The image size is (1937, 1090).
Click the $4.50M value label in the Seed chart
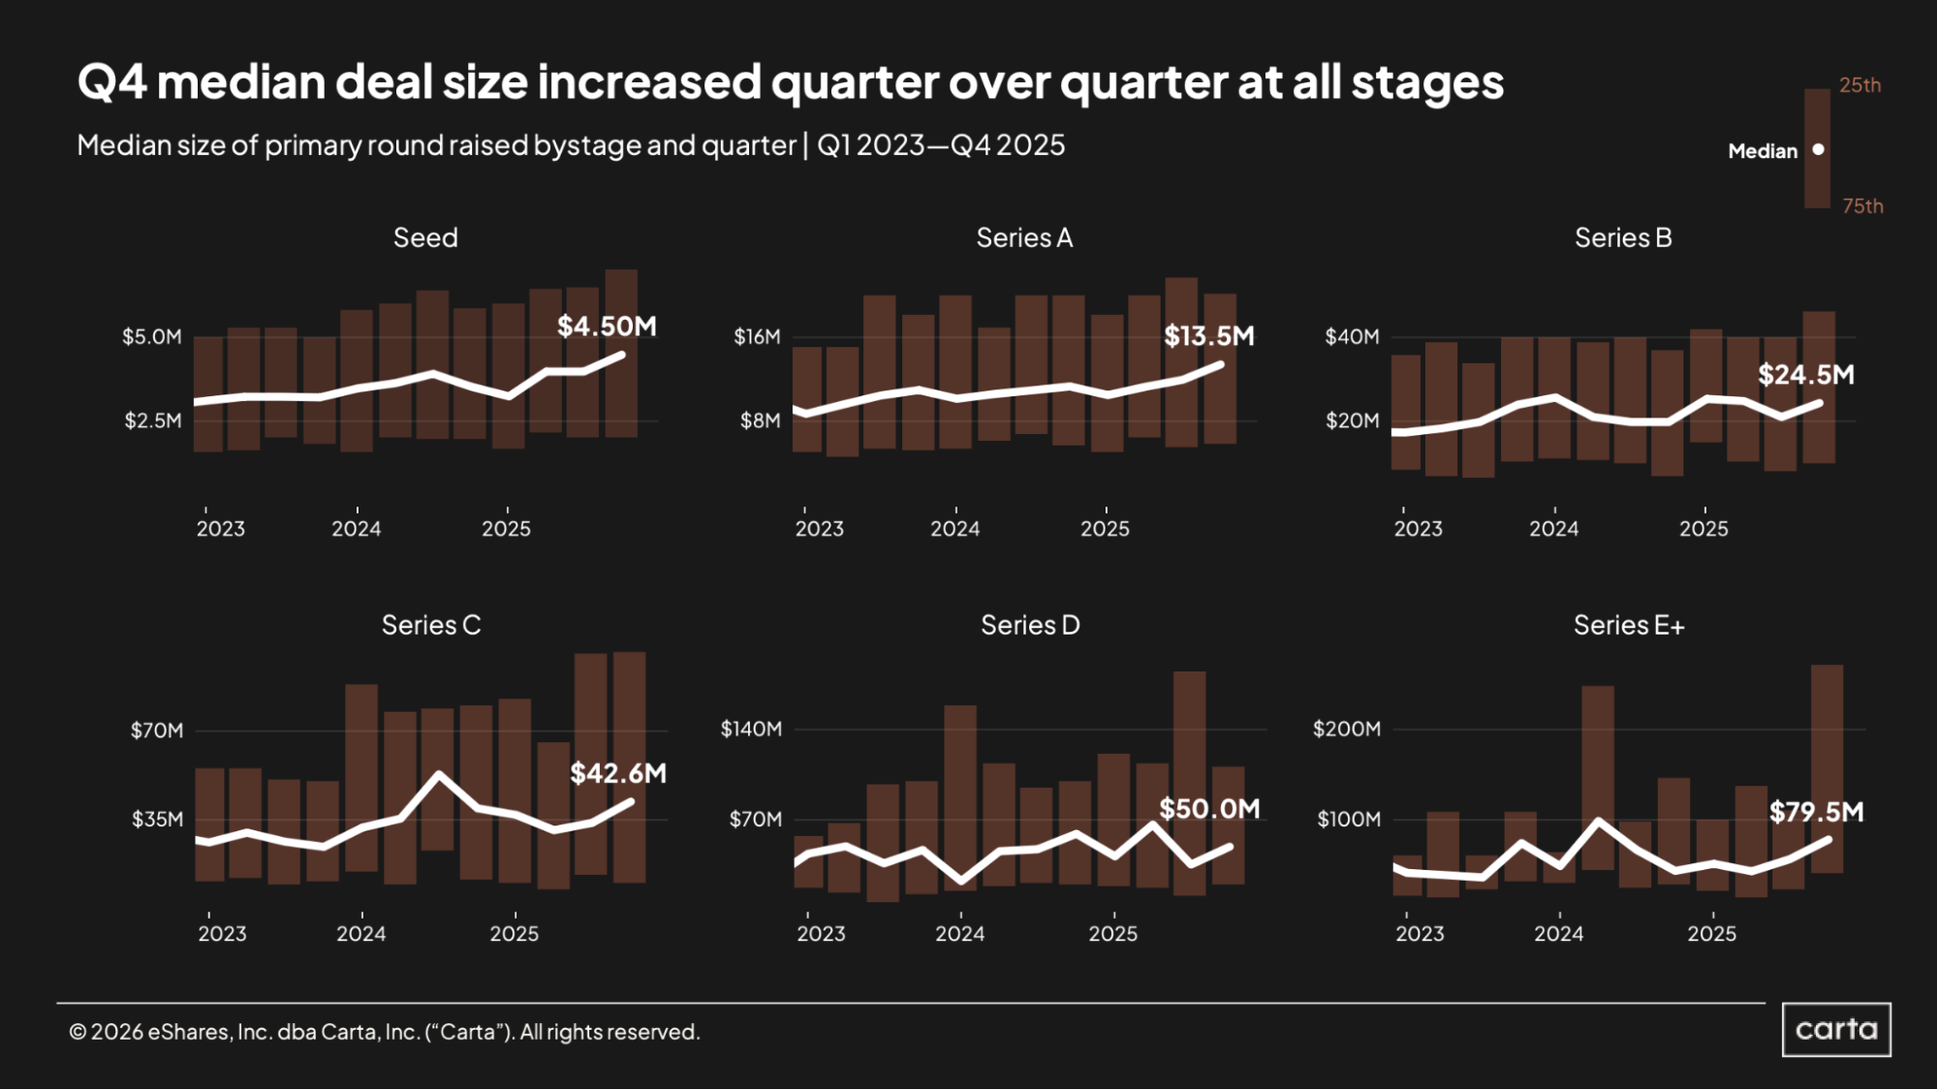(x=607, y=327)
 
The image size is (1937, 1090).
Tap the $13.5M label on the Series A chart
(x=1208, y=336)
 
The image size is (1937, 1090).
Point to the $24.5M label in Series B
(x=1806, y=375)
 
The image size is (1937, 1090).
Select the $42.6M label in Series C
(x=618, y=773)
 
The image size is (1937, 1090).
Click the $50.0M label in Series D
(x=1209, y=809)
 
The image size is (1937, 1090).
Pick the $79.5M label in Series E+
(x=1816, y=812)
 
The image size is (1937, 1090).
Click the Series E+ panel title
(x=1628, y=625)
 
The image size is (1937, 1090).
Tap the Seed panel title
(x=425, y=237)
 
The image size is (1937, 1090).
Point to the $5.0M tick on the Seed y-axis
(x=152, y=337)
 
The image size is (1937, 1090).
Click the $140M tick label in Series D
(x=751, y=729)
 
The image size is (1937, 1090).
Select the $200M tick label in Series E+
(x=1346, y=729)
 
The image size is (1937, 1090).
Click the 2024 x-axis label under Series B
(x=1553, y=529)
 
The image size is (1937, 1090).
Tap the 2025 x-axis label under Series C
(x=514, y=934)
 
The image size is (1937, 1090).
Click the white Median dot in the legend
(x=1818, y=149)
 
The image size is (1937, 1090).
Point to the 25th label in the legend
(x=1859, y=85)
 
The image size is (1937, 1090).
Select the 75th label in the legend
(x=1862, y=206)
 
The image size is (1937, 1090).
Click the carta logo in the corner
(x=1836, y=1029)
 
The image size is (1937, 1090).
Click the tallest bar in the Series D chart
(x=1189, y=783)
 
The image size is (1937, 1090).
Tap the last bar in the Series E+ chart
(x=1827, y=768)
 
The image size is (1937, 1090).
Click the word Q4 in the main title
(x=111, y=82)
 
